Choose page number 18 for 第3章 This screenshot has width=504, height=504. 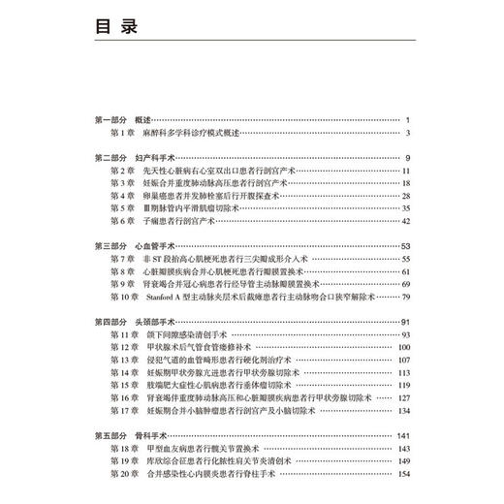tap(405, 182)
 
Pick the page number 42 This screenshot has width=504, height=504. tap(405, 220)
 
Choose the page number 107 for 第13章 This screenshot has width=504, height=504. tap(403, 360)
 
